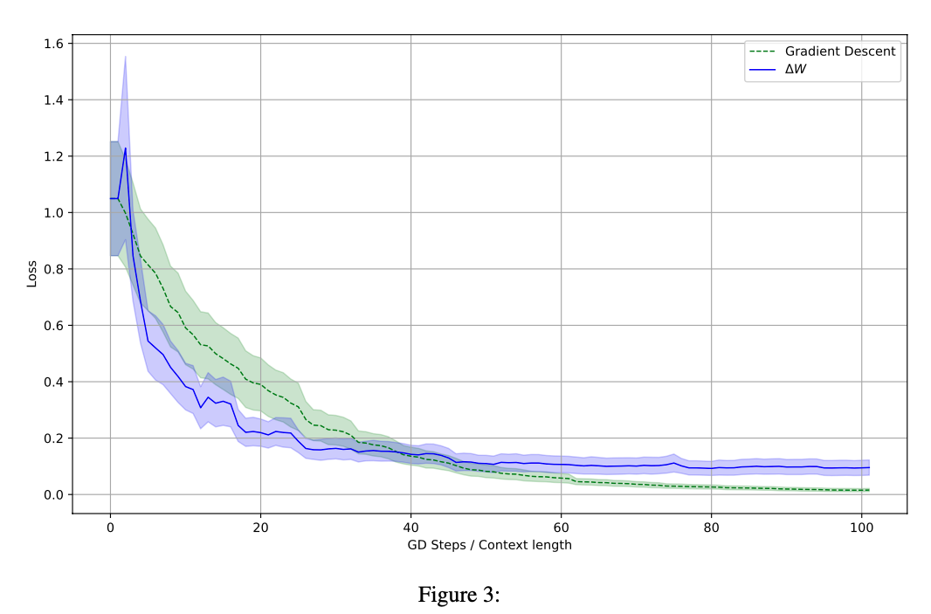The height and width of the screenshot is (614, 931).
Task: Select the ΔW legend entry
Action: pyautogui.click(x=795, y=69)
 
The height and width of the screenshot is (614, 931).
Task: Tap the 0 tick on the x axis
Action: pyautogui.click(x=110, y=528)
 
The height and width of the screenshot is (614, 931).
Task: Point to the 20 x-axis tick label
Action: pyautogui.click(x=260, y=528)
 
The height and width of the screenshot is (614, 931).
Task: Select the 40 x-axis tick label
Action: pyautogui.click(x=410, y=528)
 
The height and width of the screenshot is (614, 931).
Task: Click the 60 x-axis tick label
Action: pyautogui.click(x=561, y=528)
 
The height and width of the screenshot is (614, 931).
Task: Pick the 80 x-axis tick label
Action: pyautogui.click(x=711, y=528)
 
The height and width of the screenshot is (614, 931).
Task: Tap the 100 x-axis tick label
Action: pyautogui.click(x=861, y=528)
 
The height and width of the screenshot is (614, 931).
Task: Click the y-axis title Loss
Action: pyautogui.click(x=32, y=272)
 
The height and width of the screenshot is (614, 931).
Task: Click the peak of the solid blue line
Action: pyautogui.click(x=125, y=148)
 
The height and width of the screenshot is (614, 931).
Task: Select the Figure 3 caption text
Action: pyautogui.click(x=459, y=595)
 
